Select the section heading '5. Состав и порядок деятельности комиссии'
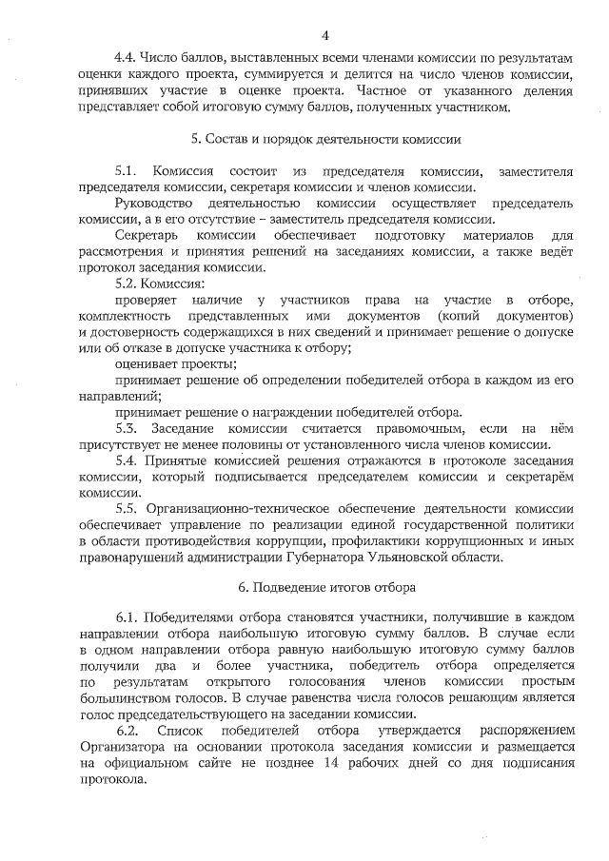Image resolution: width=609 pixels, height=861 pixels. [x=326, y=138]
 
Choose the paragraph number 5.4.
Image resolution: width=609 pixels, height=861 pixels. [x=126, y=460]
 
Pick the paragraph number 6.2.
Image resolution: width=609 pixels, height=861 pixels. [x=128, y=730]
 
